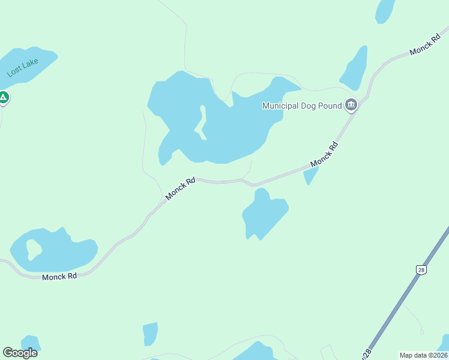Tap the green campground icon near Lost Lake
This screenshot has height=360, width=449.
tap(3, 97)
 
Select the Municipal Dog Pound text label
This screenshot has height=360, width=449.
tap(302, 106)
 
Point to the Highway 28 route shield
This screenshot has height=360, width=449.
tap(422, 270)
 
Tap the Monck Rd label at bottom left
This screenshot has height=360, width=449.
tap(59, 277)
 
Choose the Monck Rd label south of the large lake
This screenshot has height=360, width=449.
tap(181, 188)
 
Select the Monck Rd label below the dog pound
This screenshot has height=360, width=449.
tap(324, 155)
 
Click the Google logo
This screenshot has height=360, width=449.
tap(20, 353)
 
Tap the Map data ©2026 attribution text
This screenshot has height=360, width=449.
tap(423, 355)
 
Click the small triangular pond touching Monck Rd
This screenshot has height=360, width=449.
tap(310, 175)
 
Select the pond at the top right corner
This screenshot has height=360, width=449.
tap(384, 10)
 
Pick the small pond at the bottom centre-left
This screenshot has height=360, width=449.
tap(150, 334)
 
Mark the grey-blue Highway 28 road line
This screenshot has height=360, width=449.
tap(396, 306)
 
